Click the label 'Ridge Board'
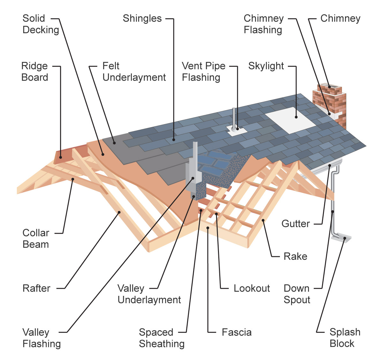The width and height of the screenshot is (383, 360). pyautogui.click(x=34, y=71)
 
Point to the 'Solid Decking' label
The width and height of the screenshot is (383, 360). pyautogui.click(x=41, y=24)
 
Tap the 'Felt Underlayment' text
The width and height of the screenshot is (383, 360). pyautogui.click(x=134, y=71)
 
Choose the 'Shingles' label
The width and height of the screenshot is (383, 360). pyautogui.click(x=142, y=19)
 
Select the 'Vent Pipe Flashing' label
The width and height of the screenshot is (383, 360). pyautogui.click(x=203, y=71)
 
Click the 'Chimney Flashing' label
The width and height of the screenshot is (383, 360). pyautogui.click(x=263, y=24)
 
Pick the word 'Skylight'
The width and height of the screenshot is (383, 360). pyautogui.click(x=266, y=66)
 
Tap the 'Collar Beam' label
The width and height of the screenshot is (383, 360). pyautogui.click(x=36, y=238)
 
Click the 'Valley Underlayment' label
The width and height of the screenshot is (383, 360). pyautogui.click(x=149, y=294)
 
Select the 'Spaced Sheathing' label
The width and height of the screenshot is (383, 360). pyautogui.click(x=161, y=338)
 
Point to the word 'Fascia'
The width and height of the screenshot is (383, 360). pyautogui.click(x=237, y=332)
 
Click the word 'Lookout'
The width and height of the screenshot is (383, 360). pyautogui.click(x=252, y=288)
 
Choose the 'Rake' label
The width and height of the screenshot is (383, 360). pyautogui.click(x=295, y=256)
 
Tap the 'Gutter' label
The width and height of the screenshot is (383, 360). pyautogui.click(x=295, y=224)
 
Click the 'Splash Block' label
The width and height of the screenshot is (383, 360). pyautogui.click(x=344, y=338)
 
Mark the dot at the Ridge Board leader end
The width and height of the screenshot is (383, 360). pyautogui.click(x=60, y=157)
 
